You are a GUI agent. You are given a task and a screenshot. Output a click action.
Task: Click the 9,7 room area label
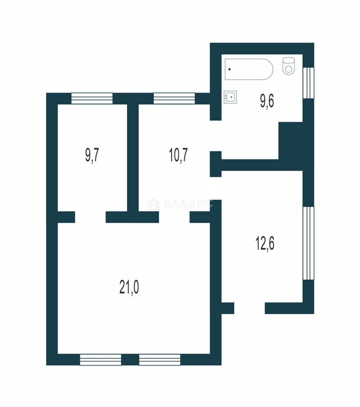point(92,156)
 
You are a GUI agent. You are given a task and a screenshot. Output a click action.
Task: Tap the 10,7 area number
point(178,155)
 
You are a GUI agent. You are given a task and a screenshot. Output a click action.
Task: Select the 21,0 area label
point(129,287)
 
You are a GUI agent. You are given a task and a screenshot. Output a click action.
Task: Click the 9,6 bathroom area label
point(267,101)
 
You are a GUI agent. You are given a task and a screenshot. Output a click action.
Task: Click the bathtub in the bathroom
point(249,69)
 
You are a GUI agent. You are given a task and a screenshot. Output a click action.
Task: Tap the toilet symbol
point(289,66)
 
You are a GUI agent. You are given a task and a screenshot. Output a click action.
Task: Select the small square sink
point(230,97)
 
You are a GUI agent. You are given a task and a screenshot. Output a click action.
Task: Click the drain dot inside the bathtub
point(230,69)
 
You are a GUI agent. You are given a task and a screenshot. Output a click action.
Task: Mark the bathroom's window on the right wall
point(308,83)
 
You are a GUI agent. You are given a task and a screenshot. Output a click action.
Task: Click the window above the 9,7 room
point(92,98)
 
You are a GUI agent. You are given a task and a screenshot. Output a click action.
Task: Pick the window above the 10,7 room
point(174,98)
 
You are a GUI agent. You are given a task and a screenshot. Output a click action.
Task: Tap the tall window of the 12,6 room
point(308,243)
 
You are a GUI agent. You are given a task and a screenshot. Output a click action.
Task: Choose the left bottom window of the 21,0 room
point(100,360)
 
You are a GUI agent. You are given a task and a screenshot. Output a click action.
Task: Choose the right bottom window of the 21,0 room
point(159,360)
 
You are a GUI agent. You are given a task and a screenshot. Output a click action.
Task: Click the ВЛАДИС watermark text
point(188,204)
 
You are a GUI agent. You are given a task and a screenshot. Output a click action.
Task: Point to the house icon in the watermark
point(153,204)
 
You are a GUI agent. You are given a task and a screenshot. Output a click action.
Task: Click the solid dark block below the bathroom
point(291,141)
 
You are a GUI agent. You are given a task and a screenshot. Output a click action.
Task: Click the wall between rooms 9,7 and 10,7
point(133,158)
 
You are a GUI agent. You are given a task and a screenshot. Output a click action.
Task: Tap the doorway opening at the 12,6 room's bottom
point(250,308)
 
